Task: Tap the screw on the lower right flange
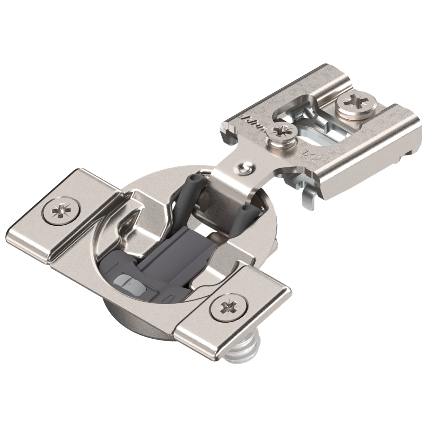tap(229, 306)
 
